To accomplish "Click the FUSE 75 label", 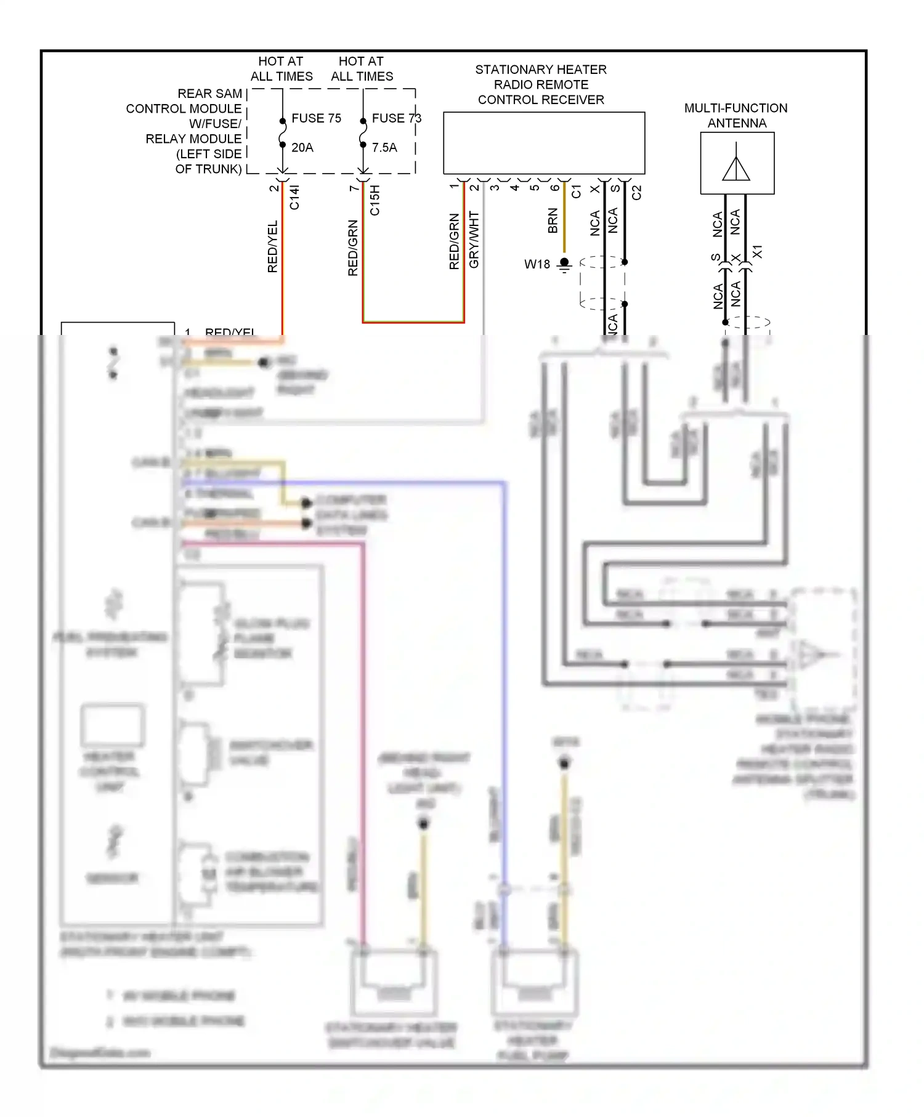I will click(316, 118).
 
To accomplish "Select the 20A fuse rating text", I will click(302, 148).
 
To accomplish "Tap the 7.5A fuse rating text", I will click(384, 148).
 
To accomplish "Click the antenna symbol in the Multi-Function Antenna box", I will click(736, 164).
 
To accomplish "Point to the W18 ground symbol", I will click(564, 265).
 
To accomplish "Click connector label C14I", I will click(294, 198).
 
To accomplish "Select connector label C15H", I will click(375, 200).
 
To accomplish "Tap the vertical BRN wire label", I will click(553, 221).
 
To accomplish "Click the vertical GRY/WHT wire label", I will click(474, 240).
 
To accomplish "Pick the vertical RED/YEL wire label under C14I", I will click(272, 246).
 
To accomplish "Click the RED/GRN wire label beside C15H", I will click(352, 248).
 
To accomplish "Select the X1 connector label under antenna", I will click(758, 252).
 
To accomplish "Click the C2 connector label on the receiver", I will click(637, 193).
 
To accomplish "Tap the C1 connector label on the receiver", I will click(576, 192).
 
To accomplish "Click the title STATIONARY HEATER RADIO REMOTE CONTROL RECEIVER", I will click(541, 84).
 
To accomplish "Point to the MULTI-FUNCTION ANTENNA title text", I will click(736, 115).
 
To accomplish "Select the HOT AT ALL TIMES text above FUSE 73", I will click(362, 69).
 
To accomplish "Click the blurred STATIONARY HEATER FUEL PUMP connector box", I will click(534, 982).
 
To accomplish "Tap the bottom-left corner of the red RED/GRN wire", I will click(363, 321).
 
